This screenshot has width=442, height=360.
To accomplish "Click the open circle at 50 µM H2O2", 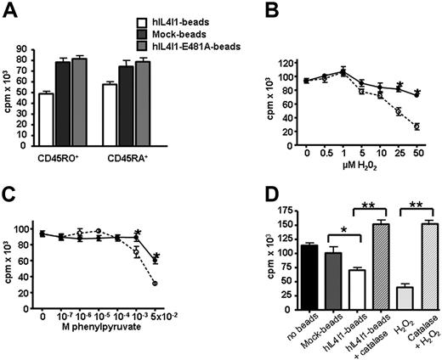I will coord(417,127).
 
